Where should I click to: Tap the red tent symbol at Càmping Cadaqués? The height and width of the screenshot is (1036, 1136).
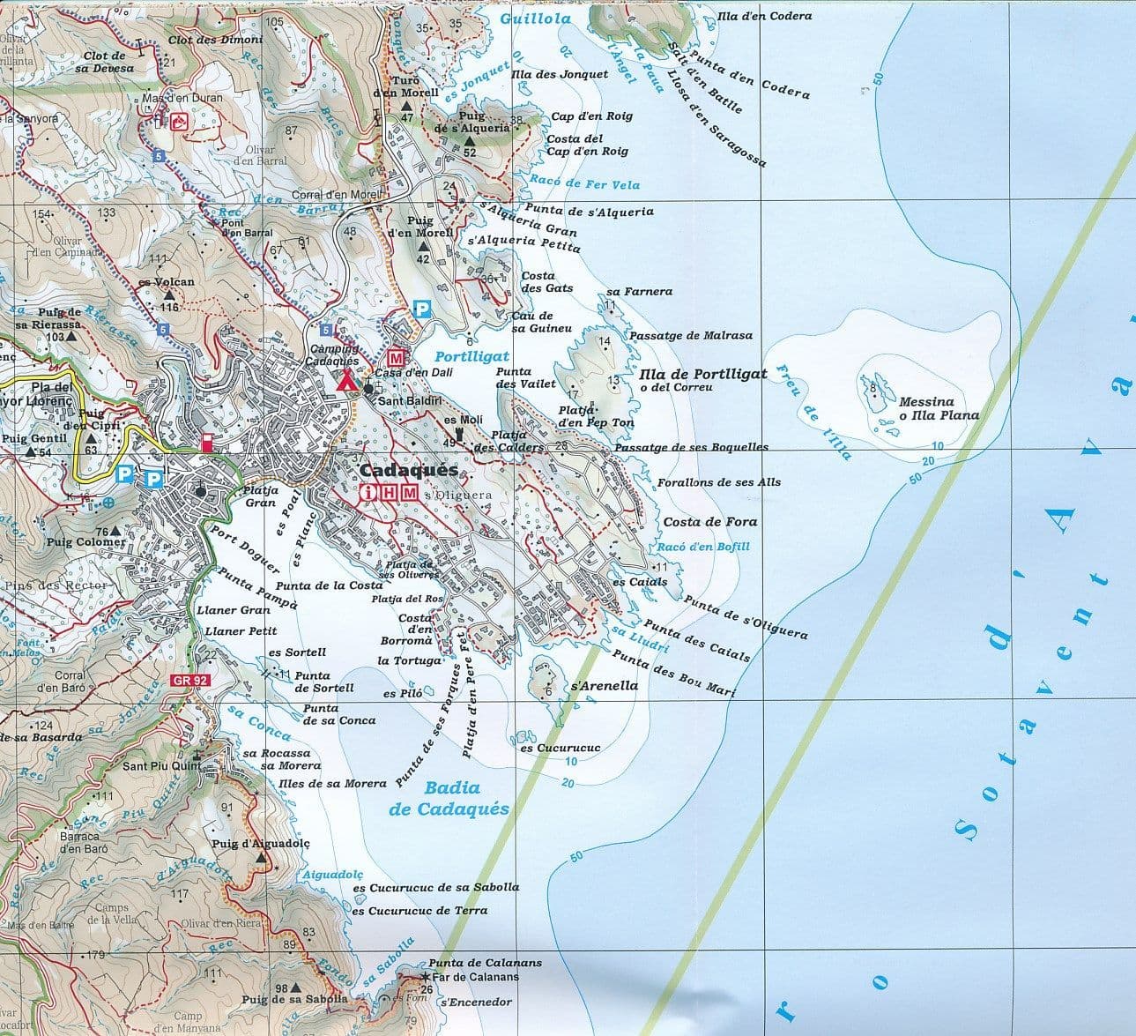(x=346, y=381)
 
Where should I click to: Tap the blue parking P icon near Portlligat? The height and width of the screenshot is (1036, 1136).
(x=423, y=309)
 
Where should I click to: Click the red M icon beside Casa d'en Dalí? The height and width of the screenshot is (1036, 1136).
(x=397, y=358)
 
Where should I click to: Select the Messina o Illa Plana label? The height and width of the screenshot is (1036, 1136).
(x=939, y=408)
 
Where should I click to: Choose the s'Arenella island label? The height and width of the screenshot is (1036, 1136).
(x=604, y=685)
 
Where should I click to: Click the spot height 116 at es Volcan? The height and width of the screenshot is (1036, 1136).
(x=169, y=307)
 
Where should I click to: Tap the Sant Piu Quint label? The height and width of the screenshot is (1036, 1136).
(x=160, y=766)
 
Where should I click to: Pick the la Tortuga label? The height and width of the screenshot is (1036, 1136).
(x=409, y=661)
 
